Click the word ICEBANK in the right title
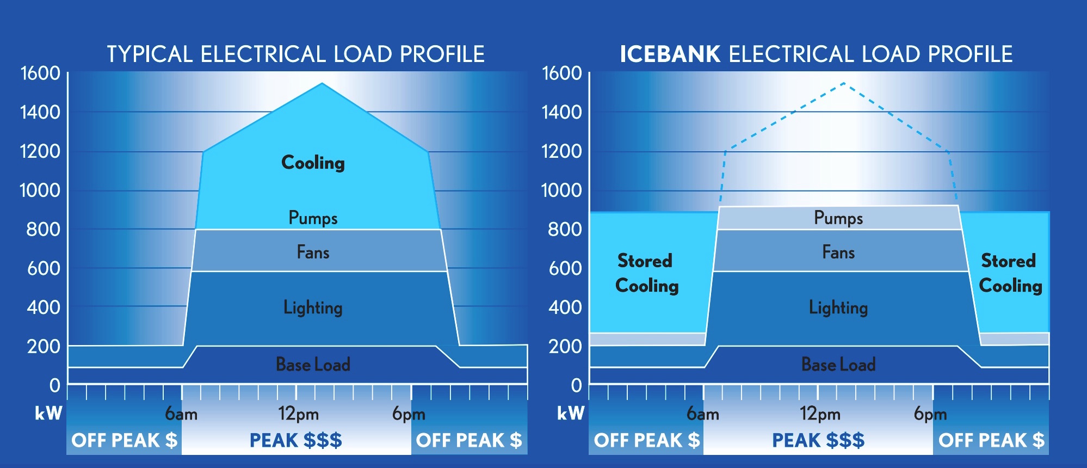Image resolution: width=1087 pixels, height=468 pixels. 670,54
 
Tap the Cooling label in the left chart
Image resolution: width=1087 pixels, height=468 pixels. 313,163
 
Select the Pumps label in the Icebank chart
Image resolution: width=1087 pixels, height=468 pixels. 838,218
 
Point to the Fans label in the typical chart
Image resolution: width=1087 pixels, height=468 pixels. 313,252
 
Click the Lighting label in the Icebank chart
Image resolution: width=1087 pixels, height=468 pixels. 838,307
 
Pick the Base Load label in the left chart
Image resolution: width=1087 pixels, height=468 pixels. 313,364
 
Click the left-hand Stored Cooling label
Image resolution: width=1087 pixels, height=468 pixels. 646,273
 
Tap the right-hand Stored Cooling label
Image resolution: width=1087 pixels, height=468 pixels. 1010,273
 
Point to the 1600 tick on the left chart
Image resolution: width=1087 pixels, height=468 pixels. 40,73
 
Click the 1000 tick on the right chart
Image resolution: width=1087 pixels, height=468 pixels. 561,190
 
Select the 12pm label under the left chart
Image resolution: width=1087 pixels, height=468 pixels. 298,414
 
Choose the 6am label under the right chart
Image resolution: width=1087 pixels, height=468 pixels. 702,414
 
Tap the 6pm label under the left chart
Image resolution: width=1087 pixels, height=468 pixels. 409,414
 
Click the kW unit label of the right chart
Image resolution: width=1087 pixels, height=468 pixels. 571,414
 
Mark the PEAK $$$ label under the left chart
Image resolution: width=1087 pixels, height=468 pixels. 295,440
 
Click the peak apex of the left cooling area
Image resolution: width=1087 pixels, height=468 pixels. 322,83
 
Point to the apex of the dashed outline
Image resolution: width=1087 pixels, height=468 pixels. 843,83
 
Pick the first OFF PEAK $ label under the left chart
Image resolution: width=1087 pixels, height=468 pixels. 125,440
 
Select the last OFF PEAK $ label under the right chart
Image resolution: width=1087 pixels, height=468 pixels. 991,440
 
